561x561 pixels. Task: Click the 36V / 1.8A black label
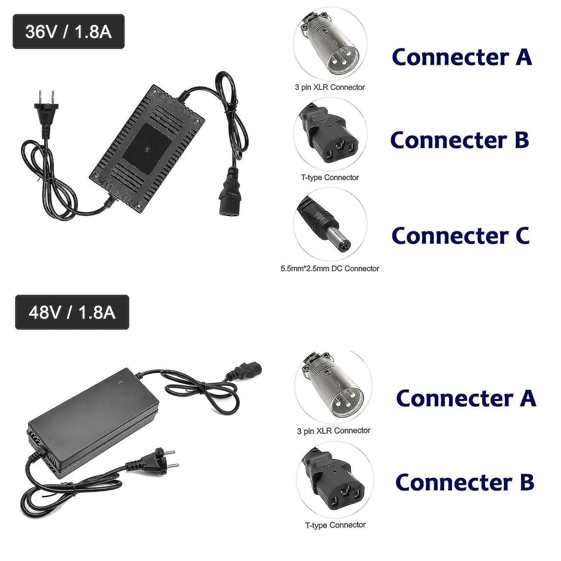[x=68, y=32]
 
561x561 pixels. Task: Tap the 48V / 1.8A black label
[x=72, y=312]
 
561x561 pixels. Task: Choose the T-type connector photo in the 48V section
[x=335, y=481]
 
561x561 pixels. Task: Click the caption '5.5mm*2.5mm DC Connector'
[x=330, y=269]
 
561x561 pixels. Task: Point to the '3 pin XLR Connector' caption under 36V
[x=330, y=88]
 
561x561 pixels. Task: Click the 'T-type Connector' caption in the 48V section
[x=335, y=525]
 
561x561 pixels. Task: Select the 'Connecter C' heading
[x=461, y=236]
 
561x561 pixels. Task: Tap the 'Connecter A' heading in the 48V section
[x=466, y=399]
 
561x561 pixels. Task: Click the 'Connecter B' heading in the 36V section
[x=460, y=140]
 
